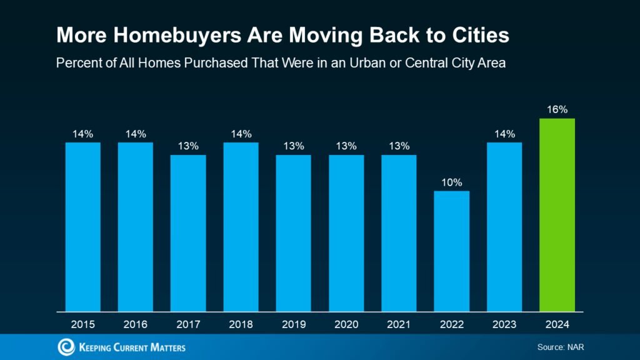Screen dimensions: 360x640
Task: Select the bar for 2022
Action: click(452, 251)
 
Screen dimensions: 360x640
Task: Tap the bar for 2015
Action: click(83, 226)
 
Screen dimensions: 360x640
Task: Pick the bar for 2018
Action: click(241, 226)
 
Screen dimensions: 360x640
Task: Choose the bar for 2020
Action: click(346, 232)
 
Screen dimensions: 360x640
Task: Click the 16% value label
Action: click(557, 109)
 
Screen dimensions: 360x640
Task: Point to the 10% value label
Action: click(452, 182)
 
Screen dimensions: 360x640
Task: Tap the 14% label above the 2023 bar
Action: click(504, 134)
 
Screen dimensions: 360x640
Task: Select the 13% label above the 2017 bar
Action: click(188, 146)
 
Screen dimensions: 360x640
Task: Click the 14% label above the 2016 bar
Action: click(136, 134)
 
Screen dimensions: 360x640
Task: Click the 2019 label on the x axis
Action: click(294, 324)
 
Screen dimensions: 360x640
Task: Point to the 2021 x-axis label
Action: click(399, 324)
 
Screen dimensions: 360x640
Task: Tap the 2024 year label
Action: click(557, 324)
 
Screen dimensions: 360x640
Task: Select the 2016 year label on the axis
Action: click(136, 324)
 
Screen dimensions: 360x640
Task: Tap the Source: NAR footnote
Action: click(560, 347)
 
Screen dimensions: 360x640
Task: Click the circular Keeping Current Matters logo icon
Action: click(66, 347)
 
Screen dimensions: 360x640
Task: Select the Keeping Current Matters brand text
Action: click(132, 347)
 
